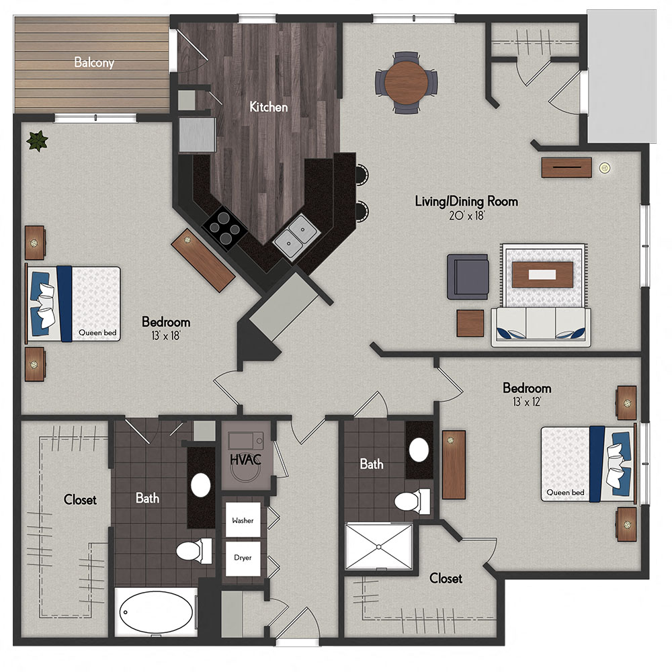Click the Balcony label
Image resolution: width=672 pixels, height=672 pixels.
94,63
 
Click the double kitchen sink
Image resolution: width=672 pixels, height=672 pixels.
296,238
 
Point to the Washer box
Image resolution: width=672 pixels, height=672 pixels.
243,520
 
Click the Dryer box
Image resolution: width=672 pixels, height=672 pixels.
243,558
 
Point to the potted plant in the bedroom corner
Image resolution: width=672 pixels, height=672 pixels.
38,140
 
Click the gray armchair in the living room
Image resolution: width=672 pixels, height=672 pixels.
468,276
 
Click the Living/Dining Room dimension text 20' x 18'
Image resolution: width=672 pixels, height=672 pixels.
466,216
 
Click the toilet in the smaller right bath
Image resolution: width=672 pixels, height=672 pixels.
412,501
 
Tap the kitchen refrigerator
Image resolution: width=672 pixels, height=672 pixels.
196,136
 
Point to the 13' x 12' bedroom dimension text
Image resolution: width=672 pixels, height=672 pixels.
527,402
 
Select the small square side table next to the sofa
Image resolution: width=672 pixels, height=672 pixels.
470,323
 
